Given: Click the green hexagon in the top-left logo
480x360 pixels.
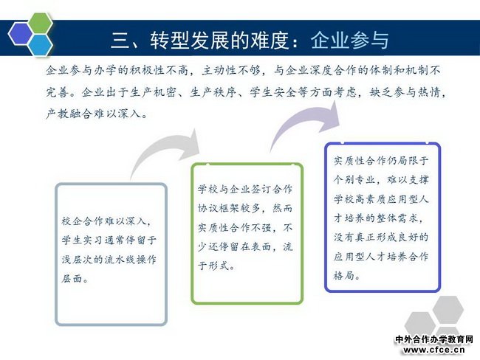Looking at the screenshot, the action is (x=41, y=24).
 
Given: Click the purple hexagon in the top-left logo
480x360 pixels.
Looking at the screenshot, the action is (x=21, y=34).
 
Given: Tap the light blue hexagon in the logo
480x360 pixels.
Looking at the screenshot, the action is (x=41, y=45).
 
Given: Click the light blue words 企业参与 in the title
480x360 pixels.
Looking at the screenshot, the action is (x=350, y=40).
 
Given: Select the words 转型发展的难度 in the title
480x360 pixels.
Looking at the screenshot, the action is (x=219, y=40).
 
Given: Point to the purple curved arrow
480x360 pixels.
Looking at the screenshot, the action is (x=304, y=124).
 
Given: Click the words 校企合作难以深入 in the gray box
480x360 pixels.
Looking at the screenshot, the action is (x=103, y=221).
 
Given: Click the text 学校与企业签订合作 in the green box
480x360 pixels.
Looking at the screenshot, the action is (x=245, y=190).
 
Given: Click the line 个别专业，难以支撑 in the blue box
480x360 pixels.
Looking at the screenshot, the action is (x=381, y=179).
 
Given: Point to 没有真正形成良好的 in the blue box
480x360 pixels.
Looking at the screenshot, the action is (x=381, y=237).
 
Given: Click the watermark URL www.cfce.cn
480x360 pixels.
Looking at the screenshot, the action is (x=434, y=350).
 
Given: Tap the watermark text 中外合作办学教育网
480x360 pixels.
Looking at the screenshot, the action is (x=434, y=339).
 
